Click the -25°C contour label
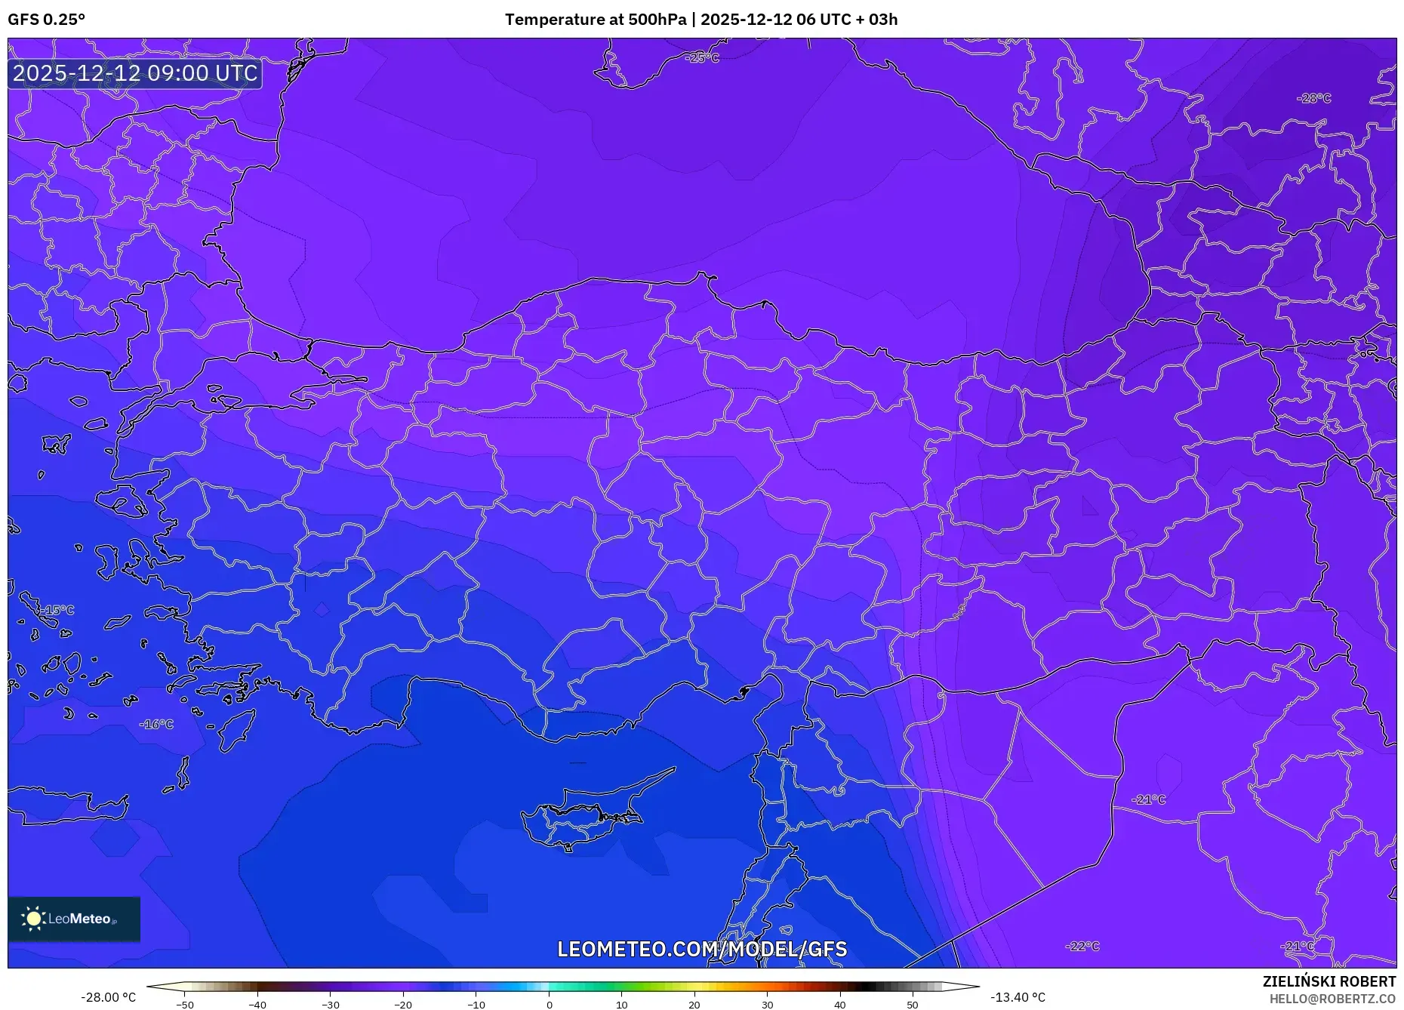(x=702, y=58)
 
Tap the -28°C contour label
(x=1313, y=98)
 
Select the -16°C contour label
(x=156, y=724)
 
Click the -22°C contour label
(x=1082, y=946)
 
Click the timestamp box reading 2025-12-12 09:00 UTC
(x=135, y=73)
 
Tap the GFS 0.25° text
(x=46, y=20)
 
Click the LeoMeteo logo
(x=74, y=919)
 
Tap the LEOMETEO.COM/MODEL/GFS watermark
(x=702, y=949)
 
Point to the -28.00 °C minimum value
(x=109, y=997)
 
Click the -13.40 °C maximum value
(x=1018, y=997)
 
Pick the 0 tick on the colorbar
(x=549, y=1005)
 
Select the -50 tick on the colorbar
(x=185, y=1005)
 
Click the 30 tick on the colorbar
(x=767, y=1005)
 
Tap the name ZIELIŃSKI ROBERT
(x=1329, y=981)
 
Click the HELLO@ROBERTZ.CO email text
(x=1332, y=999)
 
